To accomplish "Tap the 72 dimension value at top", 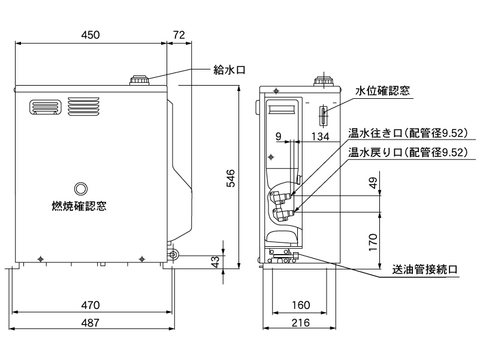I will (179, 35).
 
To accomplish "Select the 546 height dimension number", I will (231, 178).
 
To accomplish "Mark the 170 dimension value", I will (373, 242).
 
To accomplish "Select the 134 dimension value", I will (322, 137).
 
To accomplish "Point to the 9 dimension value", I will (279, 137).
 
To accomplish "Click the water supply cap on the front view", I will (140, 80).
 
